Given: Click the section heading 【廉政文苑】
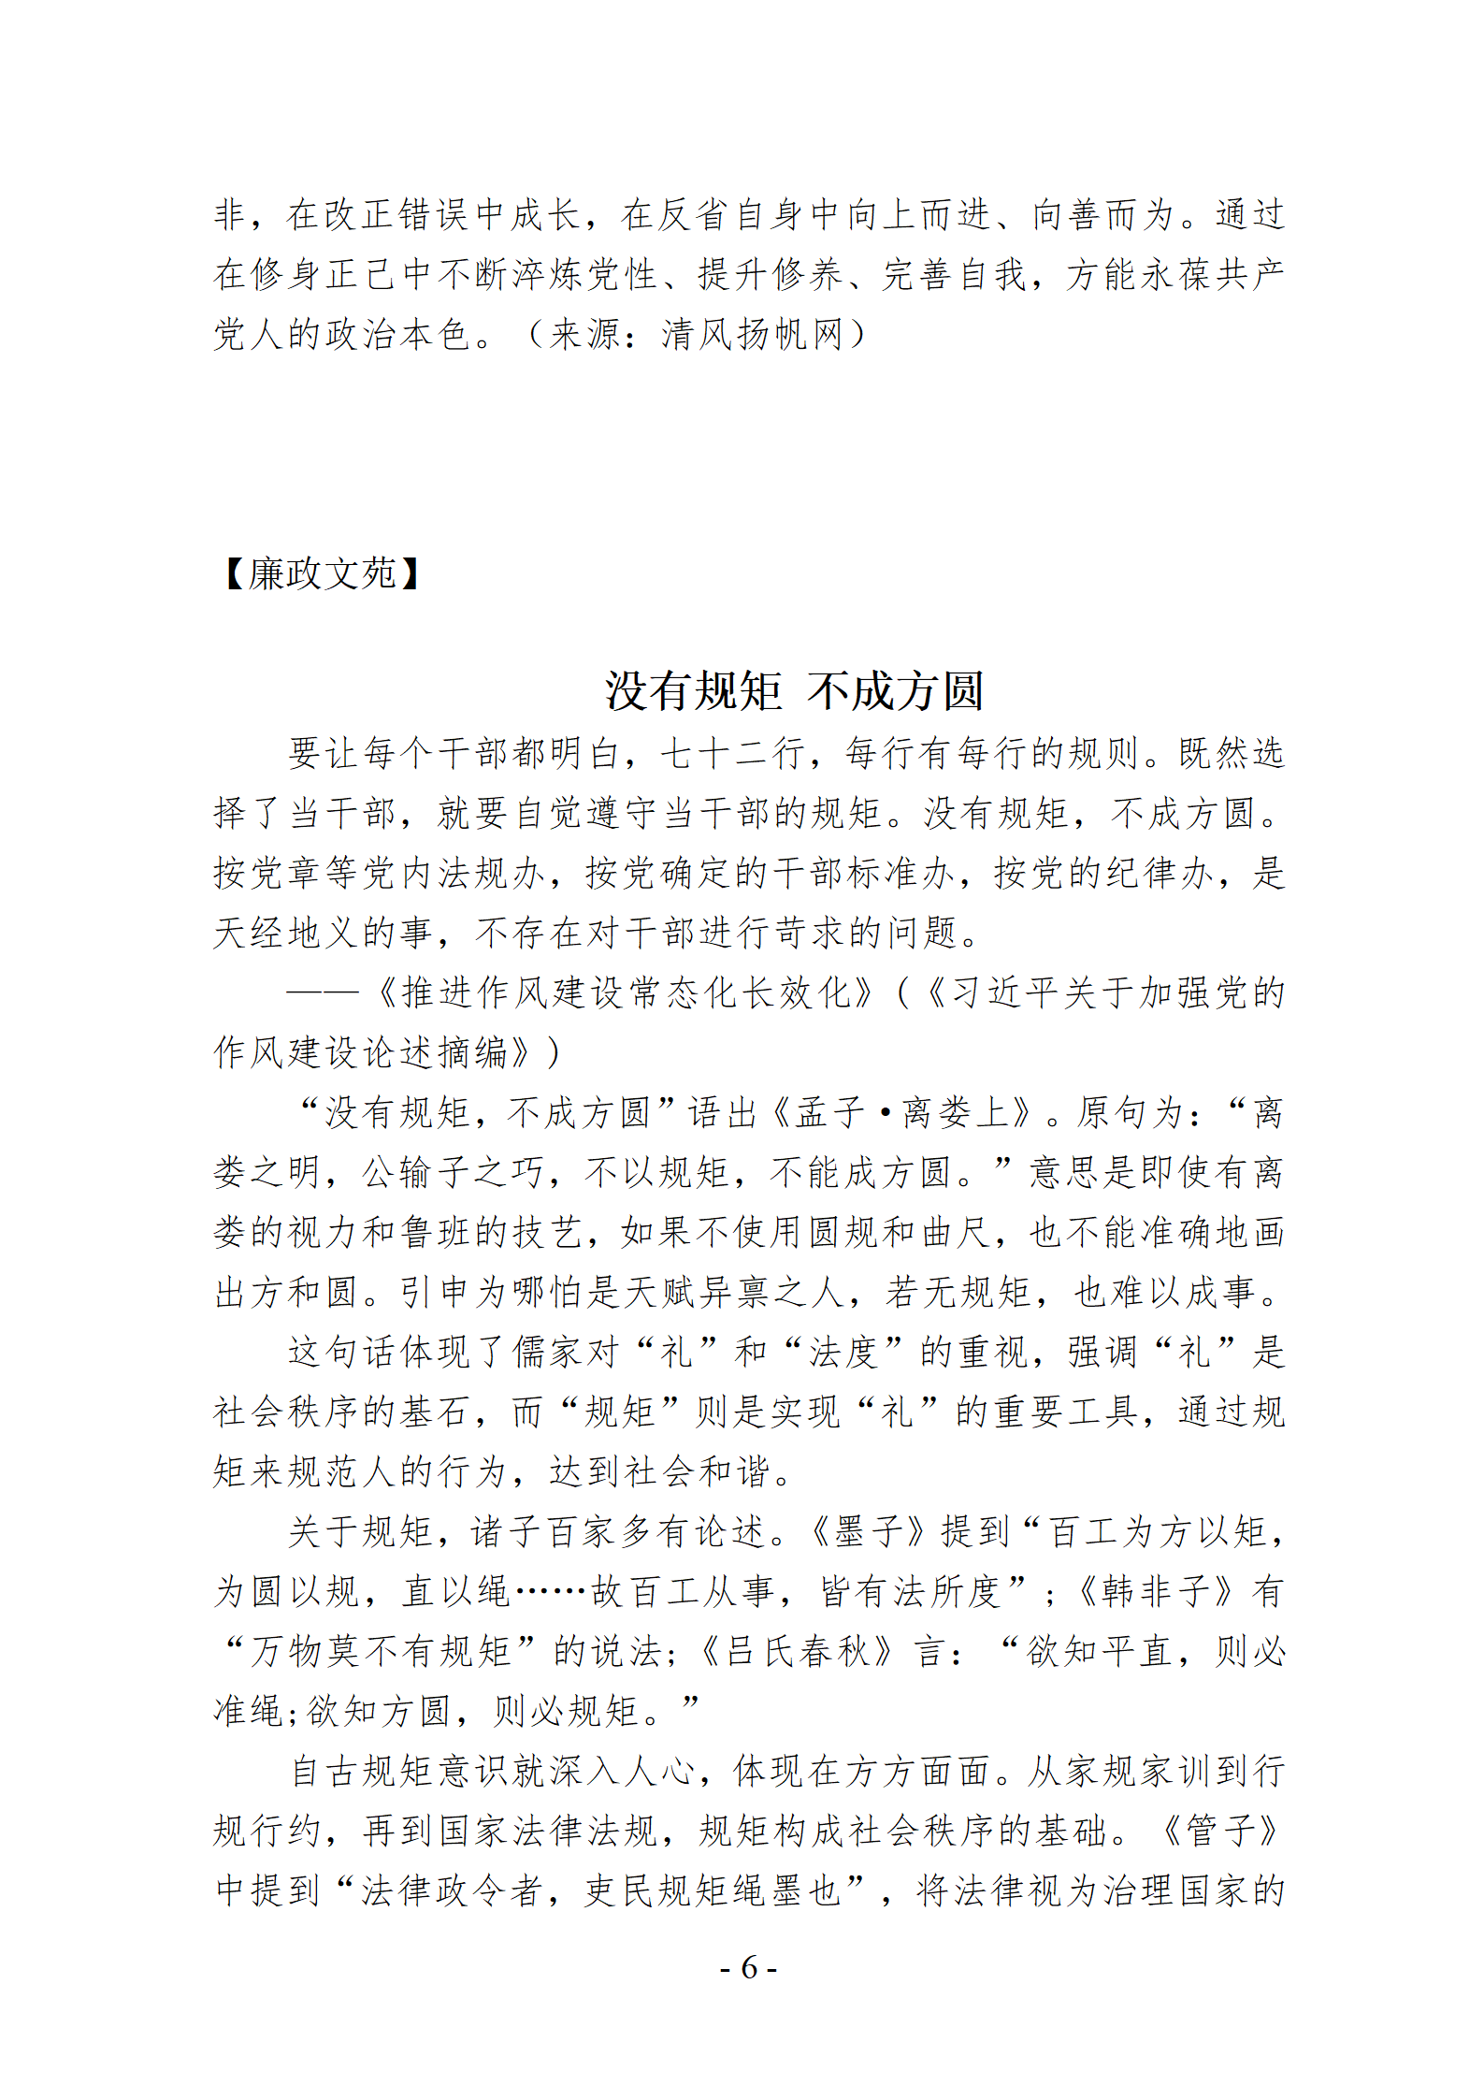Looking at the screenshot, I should pyautogui.click(x=322, y=573).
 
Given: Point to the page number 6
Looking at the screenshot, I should pyautogui.click(x=748, y=1967).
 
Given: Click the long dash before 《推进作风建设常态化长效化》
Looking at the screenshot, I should pyautogui.click(x=323, y=992).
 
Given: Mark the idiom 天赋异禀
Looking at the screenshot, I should pyautogui.click(x=697, y=1292).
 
